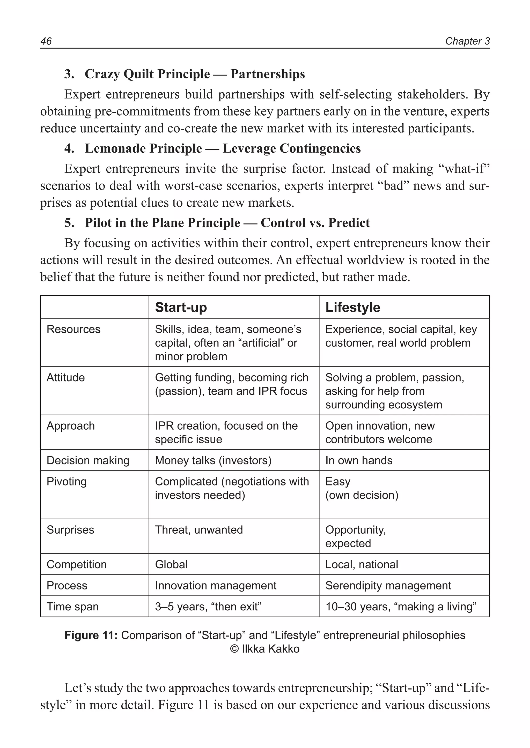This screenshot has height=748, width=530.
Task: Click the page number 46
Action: tap(46, 41)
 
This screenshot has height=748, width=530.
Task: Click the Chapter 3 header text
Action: tap(467, 41)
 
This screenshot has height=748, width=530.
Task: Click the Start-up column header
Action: tap(181, 307)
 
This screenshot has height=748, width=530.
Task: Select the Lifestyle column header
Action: tap(352, 307)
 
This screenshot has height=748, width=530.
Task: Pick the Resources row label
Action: tap(73, 329)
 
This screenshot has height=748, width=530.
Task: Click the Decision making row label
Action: tap(88, 460)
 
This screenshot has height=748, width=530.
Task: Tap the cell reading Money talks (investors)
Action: tap(213, 460)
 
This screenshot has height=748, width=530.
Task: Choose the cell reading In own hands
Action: tap(359, 460)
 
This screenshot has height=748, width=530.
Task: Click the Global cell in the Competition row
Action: tap(171, 564)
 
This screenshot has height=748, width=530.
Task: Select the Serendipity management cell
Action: tap(388, 586)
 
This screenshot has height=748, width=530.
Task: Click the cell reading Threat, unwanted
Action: tap(199, 530)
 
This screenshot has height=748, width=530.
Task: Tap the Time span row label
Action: tap(72, 607)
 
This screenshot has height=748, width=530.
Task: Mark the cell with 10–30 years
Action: tap(401, 607)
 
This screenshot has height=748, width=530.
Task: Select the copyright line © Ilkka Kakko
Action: tap(265, 649)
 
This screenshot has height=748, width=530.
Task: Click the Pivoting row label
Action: tap(67, 482)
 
